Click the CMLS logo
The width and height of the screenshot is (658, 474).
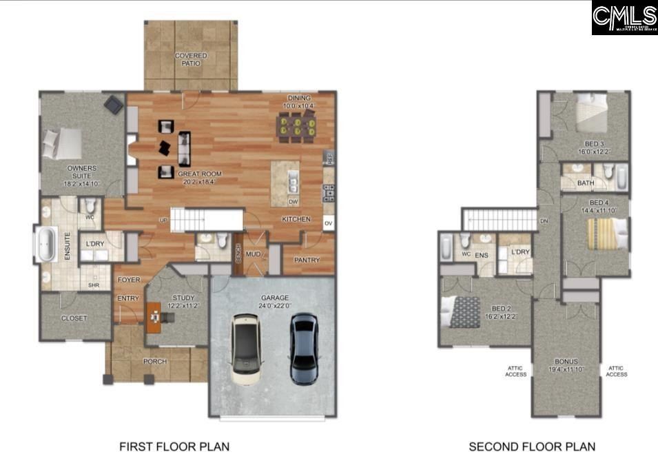pos(624,17)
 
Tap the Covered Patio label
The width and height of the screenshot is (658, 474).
pos(191,59)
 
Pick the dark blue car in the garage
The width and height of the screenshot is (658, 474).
pos(304,348)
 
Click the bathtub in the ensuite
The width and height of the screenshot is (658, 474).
pos(46,245)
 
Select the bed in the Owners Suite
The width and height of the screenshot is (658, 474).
pos(62,144)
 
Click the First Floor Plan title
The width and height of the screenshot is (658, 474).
pos(174,447)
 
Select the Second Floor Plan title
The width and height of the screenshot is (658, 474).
pos(532,447)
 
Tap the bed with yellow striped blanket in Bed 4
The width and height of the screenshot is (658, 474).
pos(606,234)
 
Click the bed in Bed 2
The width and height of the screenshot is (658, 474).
pos(461,311)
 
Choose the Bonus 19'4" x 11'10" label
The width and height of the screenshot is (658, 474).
pos(566,366)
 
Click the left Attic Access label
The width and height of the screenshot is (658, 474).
pos(515,371)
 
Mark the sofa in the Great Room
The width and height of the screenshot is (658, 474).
pos(185,147)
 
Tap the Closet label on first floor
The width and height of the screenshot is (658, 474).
pos(74,319)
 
